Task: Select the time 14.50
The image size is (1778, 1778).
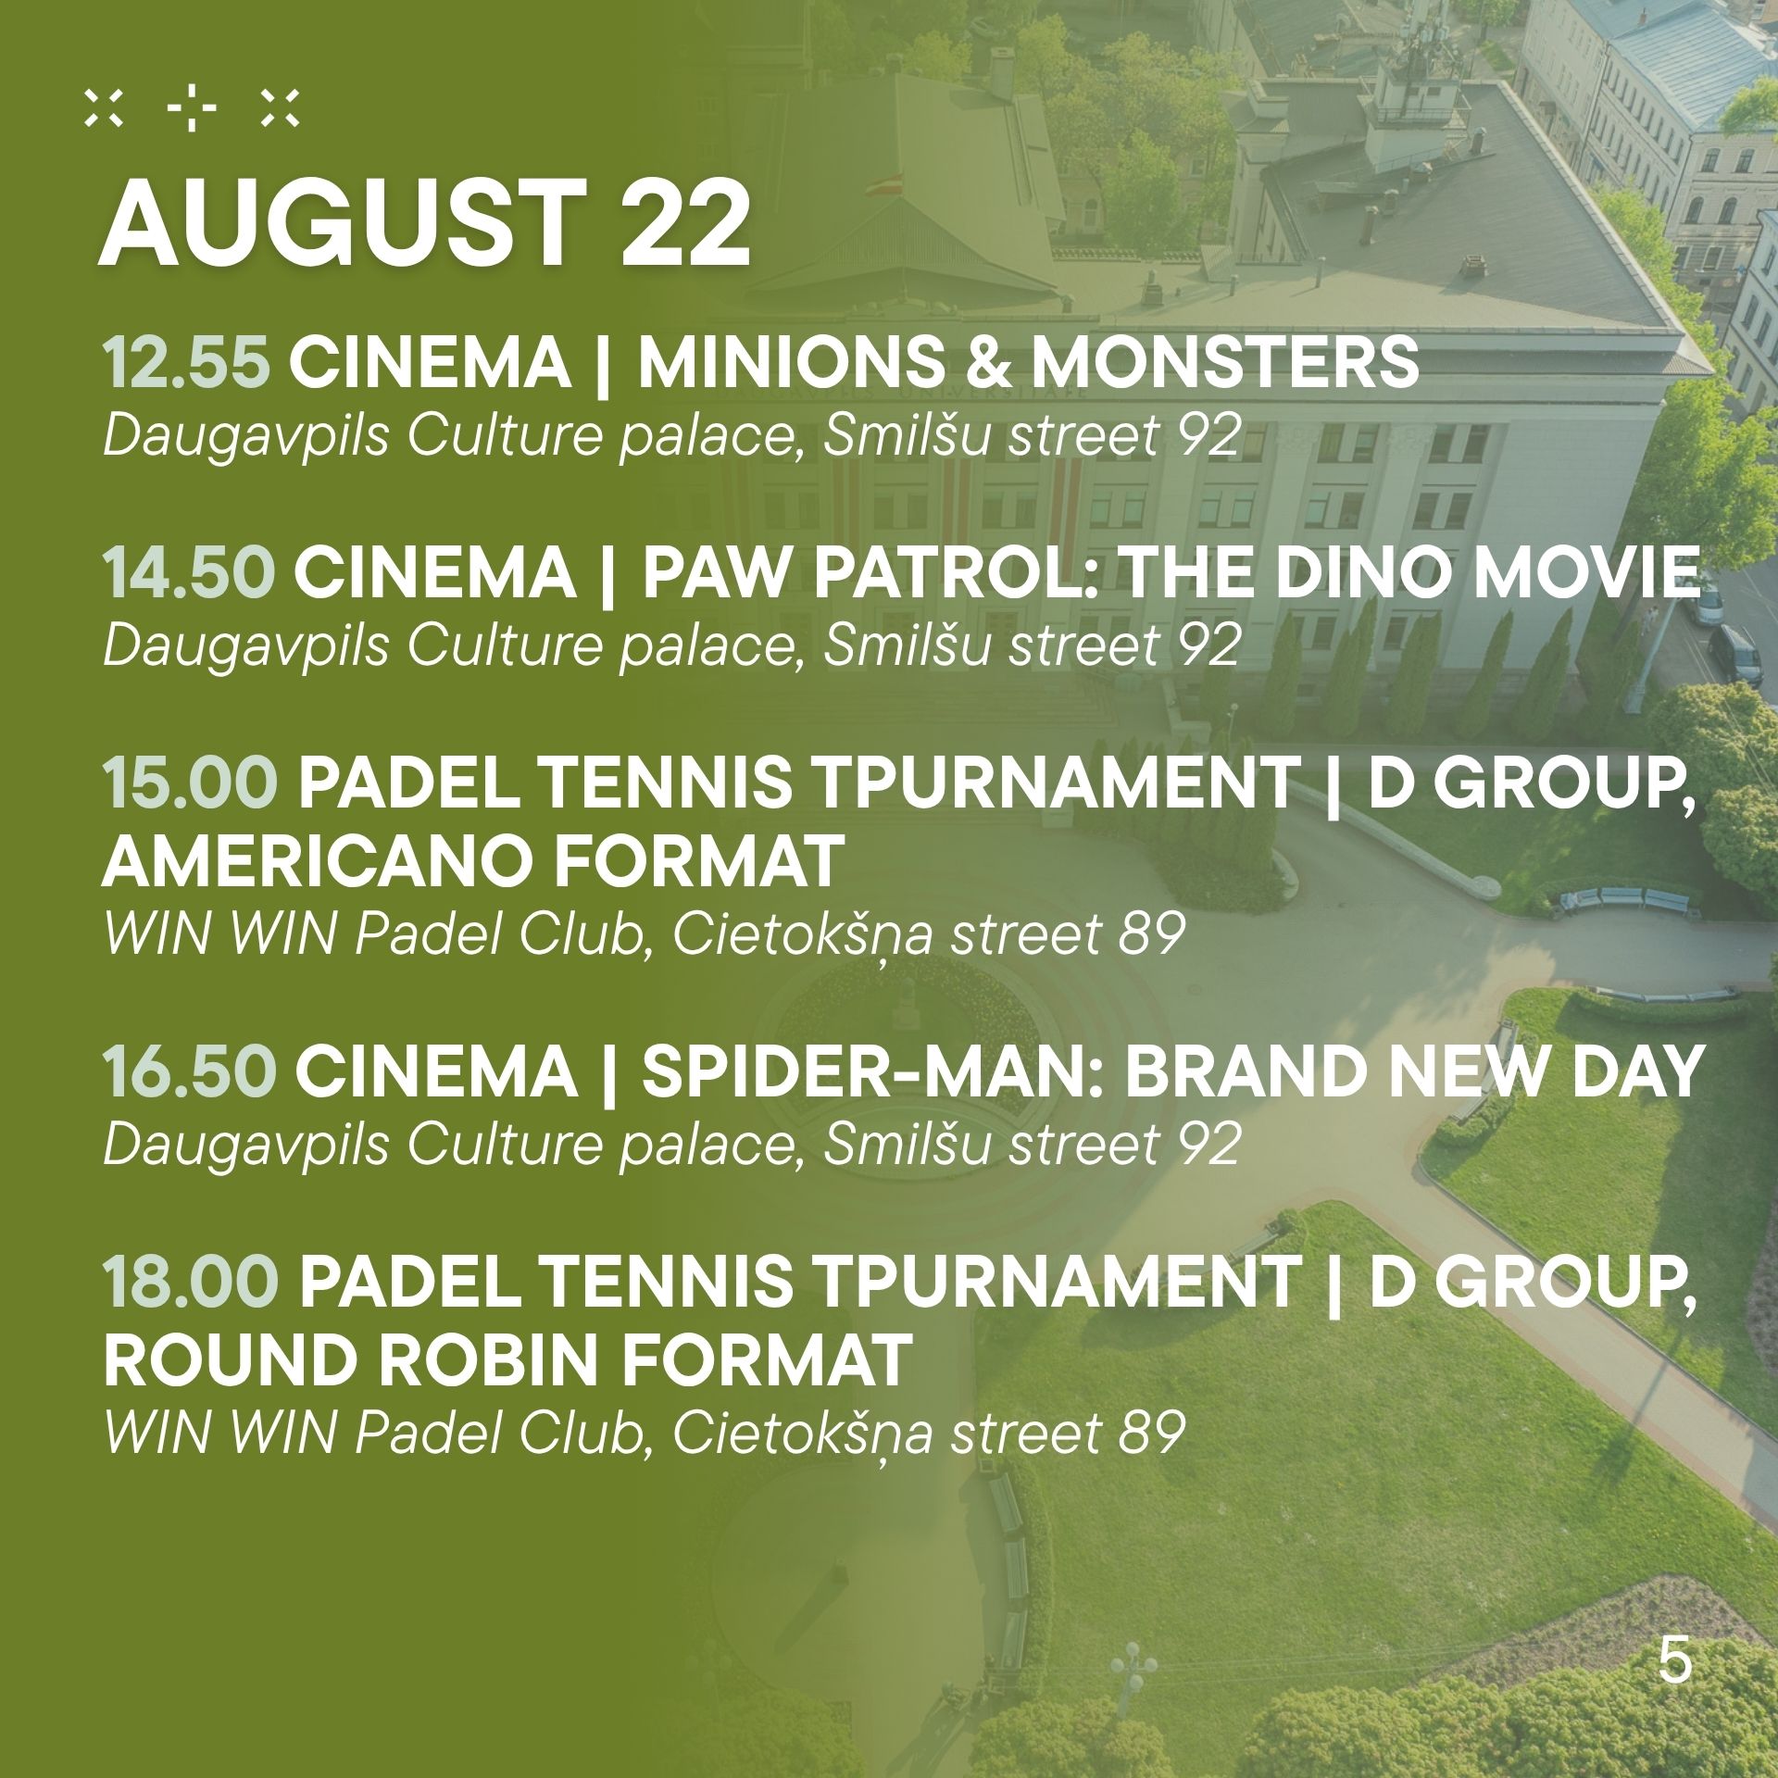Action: (x=189, y=571)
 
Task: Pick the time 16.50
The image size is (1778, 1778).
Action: (x=189, y=1071)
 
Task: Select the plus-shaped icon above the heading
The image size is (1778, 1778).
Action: (x=191, y=109)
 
